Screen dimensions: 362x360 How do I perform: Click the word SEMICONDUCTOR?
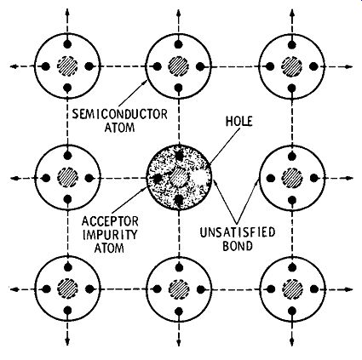click(119, 114)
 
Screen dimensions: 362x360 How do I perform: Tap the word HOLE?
click(238, 122)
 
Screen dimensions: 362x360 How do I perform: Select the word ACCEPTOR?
click(110, 221)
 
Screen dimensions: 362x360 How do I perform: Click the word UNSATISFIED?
click(238, 232)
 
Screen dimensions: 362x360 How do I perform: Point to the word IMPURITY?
click(110, 235)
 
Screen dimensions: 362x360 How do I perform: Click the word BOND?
click(238, 246)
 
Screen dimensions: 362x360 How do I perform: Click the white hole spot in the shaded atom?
click(199, 178)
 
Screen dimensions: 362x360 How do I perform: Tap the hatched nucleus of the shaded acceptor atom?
click(179, 178)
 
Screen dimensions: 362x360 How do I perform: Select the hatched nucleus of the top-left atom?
click(67, 66)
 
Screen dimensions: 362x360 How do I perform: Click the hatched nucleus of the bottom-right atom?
click(292, 289)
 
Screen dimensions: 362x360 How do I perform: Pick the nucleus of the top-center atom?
click(178, 66)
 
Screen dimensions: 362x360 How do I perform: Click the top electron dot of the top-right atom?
click(292, 44)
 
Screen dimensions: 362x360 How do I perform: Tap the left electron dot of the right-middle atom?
click(270, 178)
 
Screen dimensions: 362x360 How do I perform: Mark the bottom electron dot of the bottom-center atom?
click(179, 311)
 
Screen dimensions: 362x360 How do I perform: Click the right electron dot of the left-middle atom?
click(89, 178)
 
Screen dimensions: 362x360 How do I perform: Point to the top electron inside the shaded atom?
click(179, 156)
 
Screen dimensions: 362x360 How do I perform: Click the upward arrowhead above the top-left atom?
click(67, 13)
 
